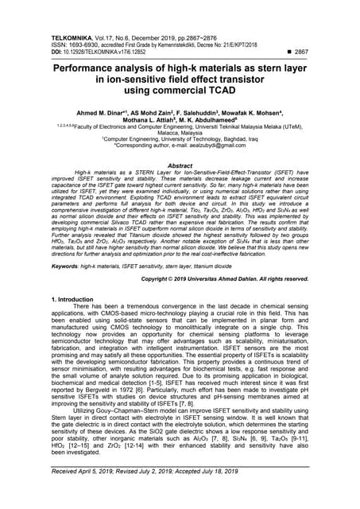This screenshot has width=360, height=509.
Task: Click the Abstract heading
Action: coord(180,165)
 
